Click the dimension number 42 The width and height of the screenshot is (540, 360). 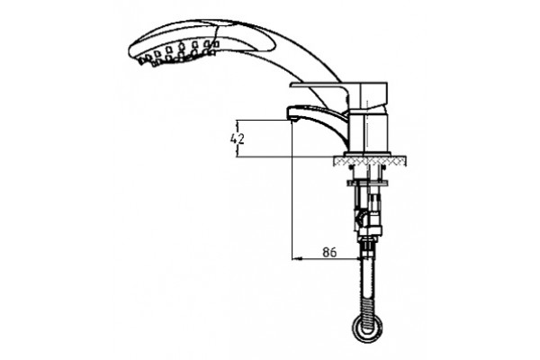click(x=238, y=139)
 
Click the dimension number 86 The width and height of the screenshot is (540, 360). click(x=329, y=252)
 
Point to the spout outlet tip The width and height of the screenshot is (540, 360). click(x=292, y=121)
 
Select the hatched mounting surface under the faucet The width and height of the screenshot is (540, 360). click(x=369, y=161)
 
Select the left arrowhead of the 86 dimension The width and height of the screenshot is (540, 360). click(x=295, y=258)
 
